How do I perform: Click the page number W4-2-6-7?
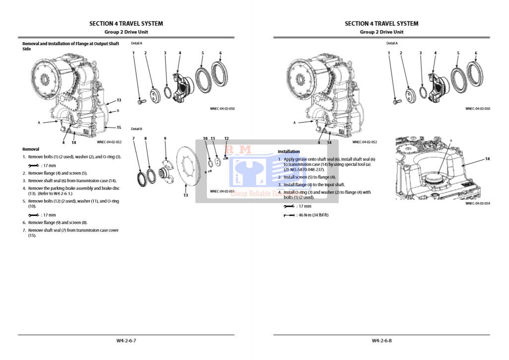(126, 341)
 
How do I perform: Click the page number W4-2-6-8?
(382, 341)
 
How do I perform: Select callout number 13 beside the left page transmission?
(119, 100)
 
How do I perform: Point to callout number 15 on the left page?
(119, 128)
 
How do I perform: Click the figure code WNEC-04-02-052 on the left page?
(109, 142)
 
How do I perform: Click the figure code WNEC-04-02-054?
(477, 203)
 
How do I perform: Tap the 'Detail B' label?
(136, 129)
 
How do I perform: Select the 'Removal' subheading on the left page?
(31, 149)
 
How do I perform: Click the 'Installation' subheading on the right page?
(289, 151)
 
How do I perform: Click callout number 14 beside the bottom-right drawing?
(487, 159)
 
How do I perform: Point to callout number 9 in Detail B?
(165, 139)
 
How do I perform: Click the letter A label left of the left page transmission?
(39, 123)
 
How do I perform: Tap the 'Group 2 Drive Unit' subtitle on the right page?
(381, 32)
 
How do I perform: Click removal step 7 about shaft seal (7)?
(73, 232)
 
